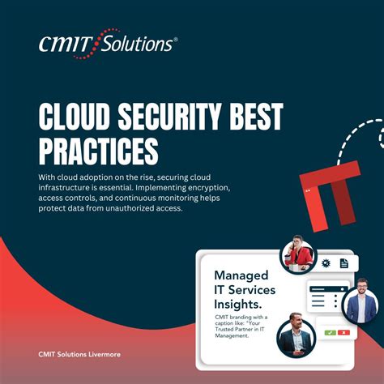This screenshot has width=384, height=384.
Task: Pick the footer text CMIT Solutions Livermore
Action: (x=78, y=354)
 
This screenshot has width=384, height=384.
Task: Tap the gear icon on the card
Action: (x=326, y=263)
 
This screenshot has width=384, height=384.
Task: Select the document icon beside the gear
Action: (x=343, y=263)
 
